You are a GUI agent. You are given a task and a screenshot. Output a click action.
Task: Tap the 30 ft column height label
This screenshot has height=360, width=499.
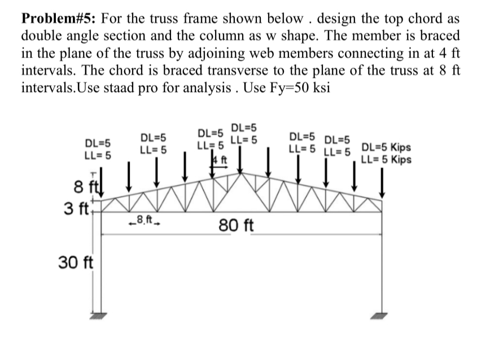(77, 262)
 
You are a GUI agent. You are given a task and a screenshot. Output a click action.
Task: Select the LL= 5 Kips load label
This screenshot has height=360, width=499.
(386, 159)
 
